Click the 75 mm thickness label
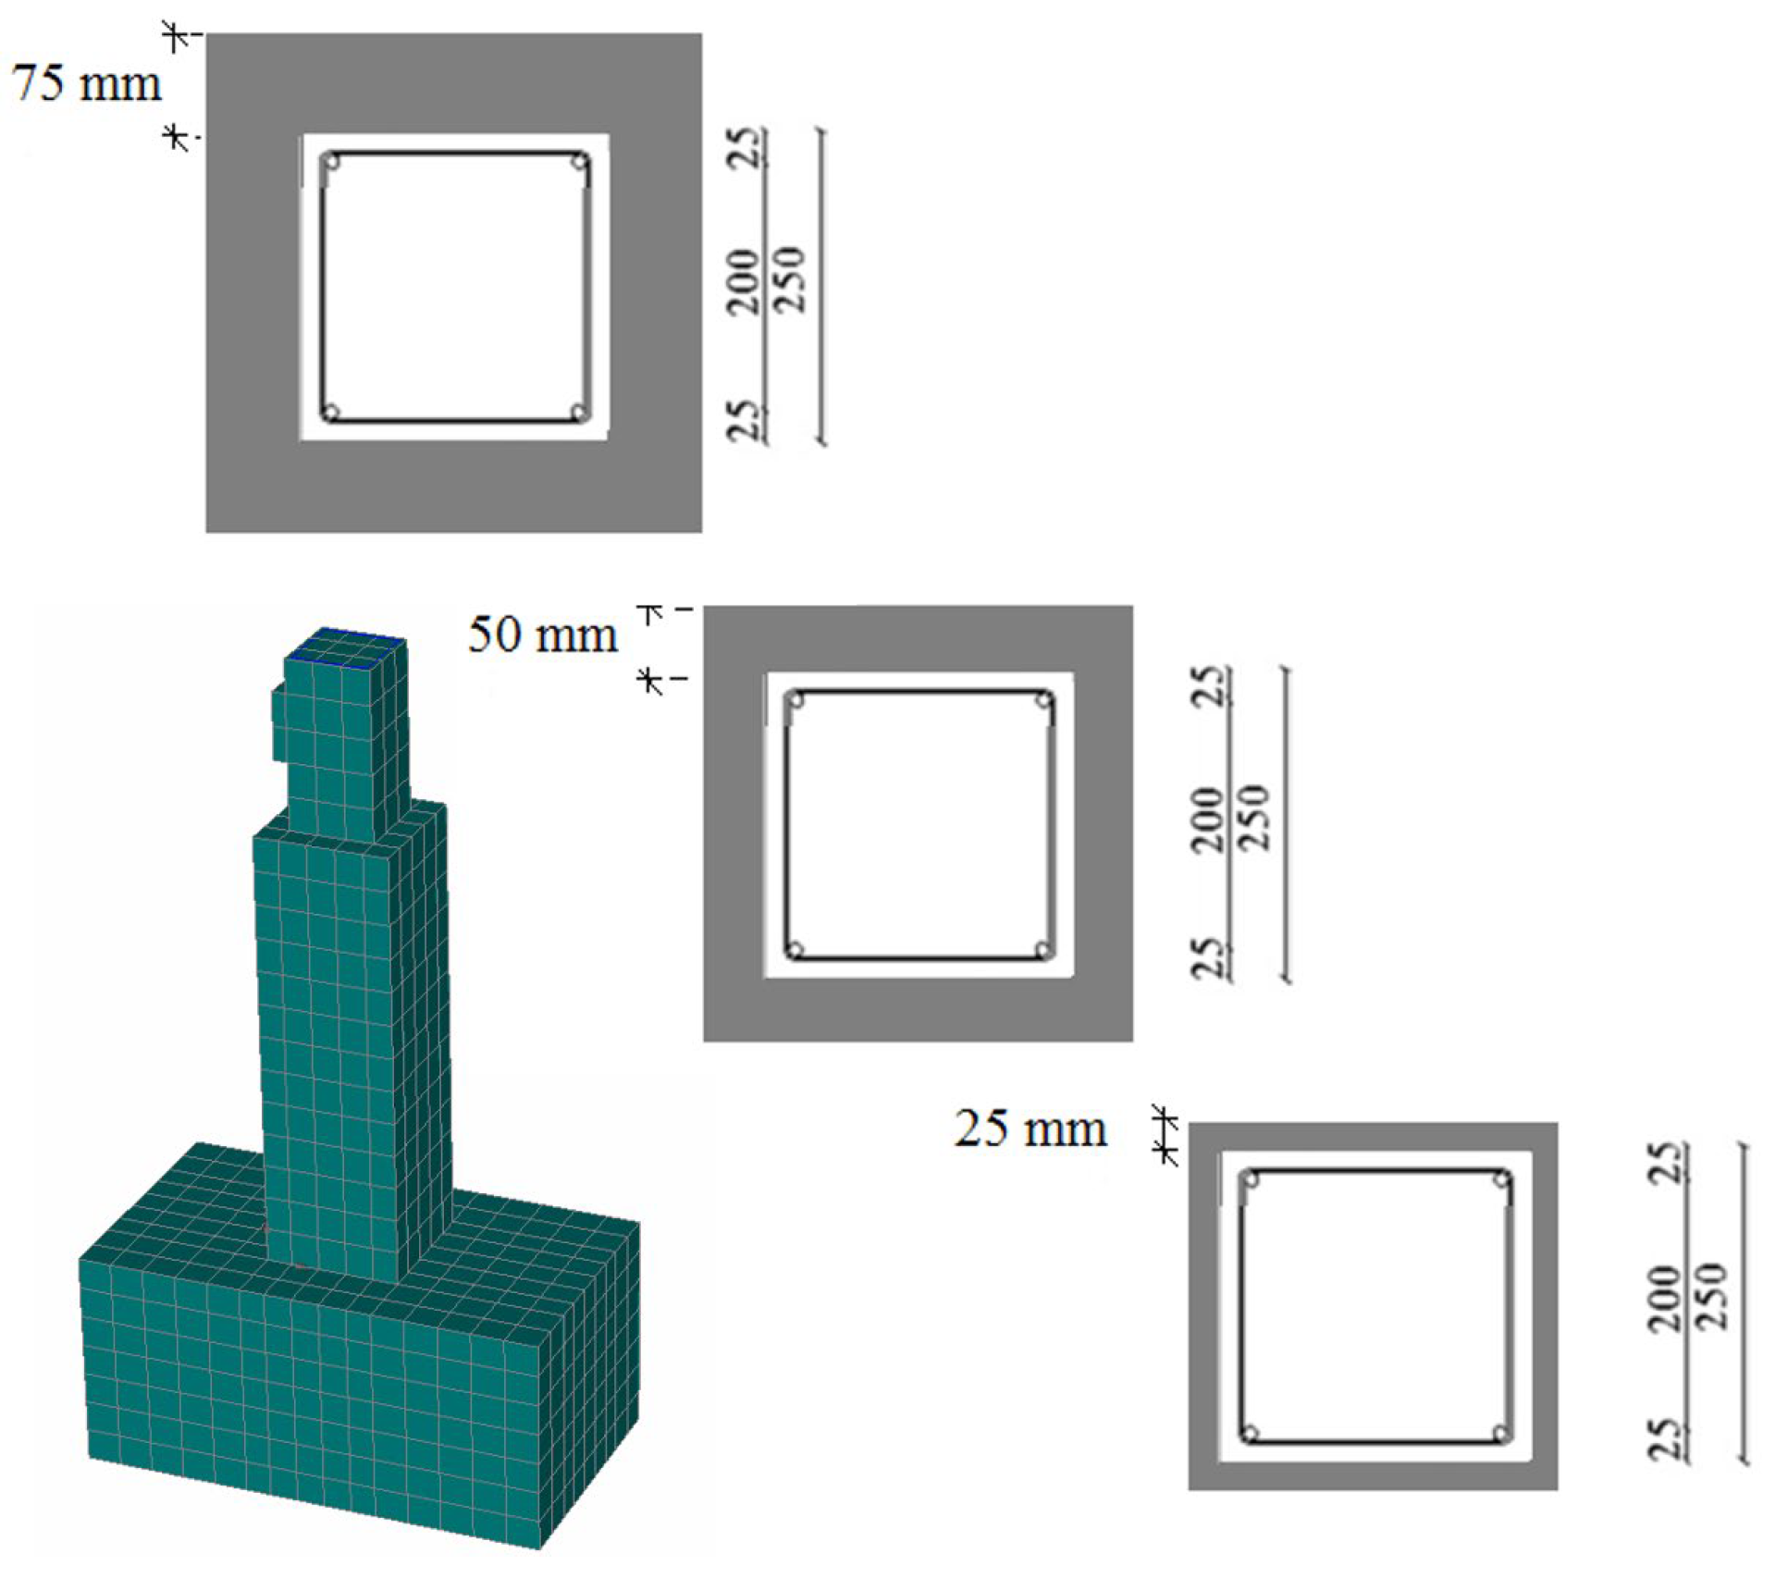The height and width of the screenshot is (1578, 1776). [86, 83]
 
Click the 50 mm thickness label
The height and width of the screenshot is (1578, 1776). [543, 635]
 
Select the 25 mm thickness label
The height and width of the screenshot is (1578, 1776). [1030, 1128]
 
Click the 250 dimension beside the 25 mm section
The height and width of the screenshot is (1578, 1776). [1712, 1295]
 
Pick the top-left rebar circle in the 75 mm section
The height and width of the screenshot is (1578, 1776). [331, 162]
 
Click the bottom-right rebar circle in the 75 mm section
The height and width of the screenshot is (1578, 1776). [579, 412]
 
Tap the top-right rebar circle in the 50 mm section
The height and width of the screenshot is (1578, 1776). [1043, 700]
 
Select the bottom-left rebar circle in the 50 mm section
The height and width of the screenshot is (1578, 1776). [795, 950]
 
